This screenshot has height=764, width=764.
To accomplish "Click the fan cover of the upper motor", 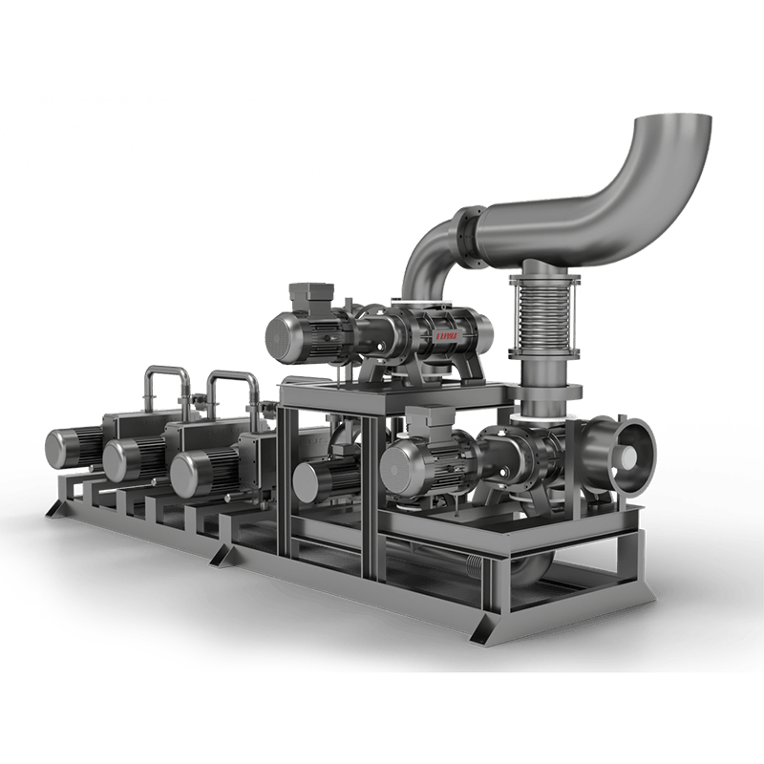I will point(286,335).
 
